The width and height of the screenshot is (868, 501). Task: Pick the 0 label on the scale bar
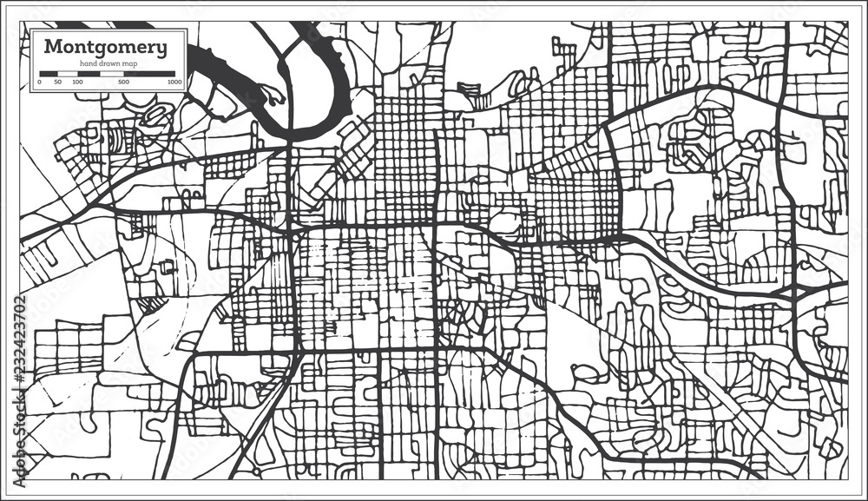[x=39, y=82]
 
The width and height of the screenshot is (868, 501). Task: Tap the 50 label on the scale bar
[x=57, y=82]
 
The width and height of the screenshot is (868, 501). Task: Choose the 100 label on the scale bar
[x=77, y=82]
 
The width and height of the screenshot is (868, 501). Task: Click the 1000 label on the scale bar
[x=174, y=82]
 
